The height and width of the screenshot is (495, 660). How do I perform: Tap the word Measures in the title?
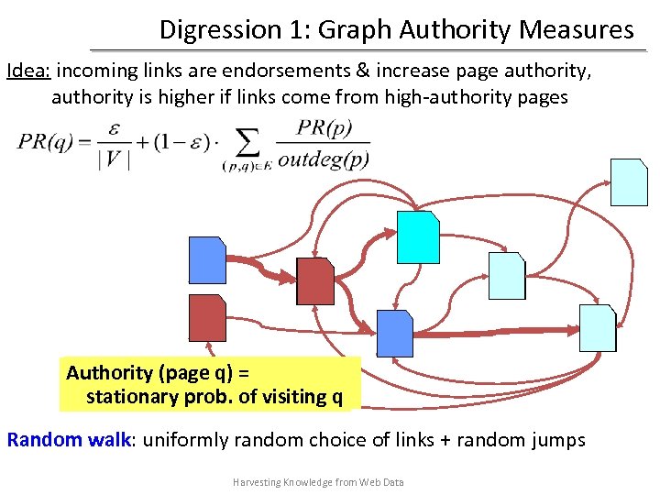577,30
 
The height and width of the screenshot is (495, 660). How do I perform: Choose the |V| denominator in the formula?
114,159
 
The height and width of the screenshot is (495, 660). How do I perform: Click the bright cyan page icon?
417,236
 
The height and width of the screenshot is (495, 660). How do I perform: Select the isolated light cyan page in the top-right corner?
630,181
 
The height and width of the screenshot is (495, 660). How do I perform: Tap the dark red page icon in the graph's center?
315,280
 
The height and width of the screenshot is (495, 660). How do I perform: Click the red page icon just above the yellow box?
206,318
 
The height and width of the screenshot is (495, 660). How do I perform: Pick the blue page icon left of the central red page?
206,259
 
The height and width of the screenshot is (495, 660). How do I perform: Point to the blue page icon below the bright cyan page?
395,333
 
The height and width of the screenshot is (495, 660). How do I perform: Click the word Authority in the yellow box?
109,372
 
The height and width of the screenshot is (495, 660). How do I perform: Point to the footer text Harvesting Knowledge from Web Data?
318,482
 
